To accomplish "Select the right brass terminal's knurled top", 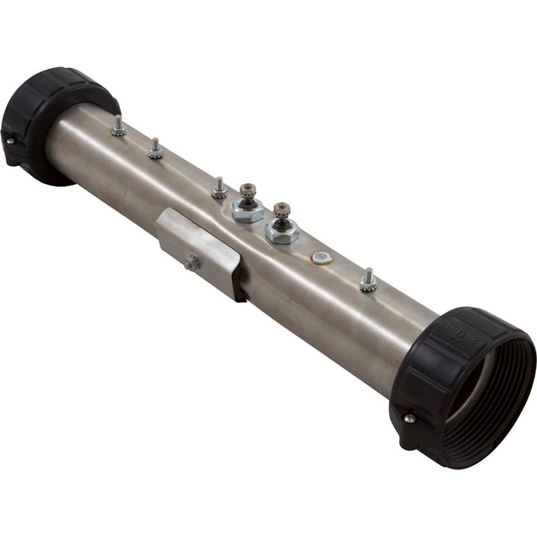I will pos(278,210).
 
